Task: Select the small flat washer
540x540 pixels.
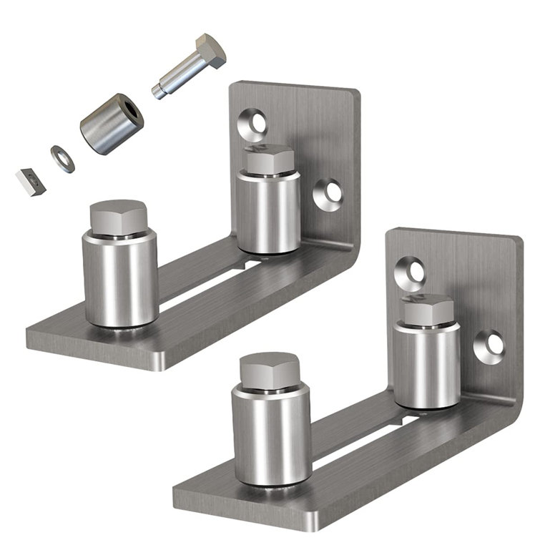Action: pos(62,158)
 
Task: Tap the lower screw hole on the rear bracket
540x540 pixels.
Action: pos(330,192)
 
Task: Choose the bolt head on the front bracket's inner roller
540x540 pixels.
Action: pos(428,308)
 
